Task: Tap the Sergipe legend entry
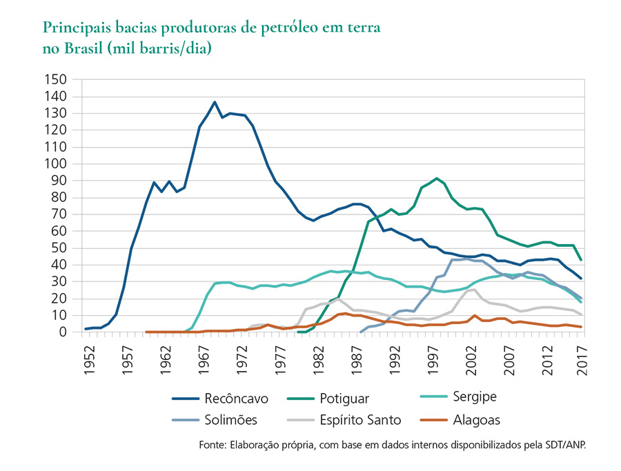pos(475,397)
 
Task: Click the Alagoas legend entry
pos(476,419)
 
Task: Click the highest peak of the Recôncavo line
pos(215,102)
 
